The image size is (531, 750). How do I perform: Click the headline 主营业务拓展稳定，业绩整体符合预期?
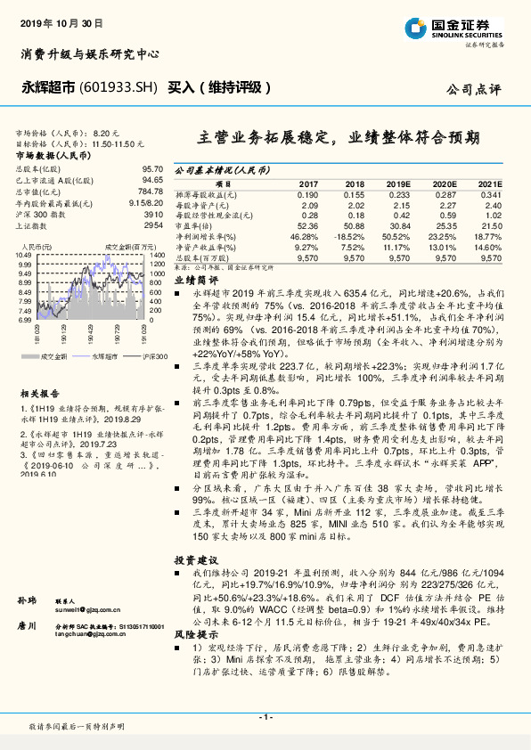pyautogui.click(x=338, y=138)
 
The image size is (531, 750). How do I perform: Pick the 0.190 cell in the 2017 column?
pyautogui.click(x=306, y=194)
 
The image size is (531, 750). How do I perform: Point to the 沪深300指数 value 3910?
pyautogui.click(x=153, y=215)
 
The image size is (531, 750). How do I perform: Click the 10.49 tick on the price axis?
pyautogui.click(x=24, y=255)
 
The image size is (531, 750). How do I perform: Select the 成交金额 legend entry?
pyautogui.click(x=54, y=355)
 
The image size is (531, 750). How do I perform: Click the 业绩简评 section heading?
pyautogui.click(x=191, y=279)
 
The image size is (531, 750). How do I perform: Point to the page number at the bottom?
pyautogui.click(x=265, y=717)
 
